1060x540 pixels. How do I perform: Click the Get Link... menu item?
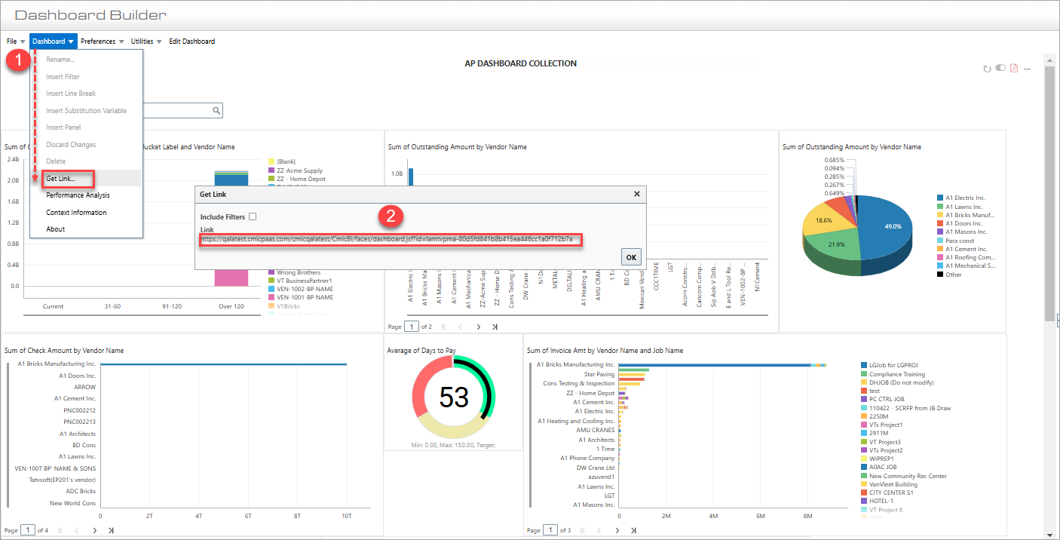tap(60, 179)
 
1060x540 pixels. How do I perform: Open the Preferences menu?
tap(98, 41)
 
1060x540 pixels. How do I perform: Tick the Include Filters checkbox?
tap(253, 216)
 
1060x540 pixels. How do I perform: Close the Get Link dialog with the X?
tap(636, 194)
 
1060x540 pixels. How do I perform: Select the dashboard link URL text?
tap(387, 239)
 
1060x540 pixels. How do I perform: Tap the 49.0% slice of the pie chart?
tap(891, 226)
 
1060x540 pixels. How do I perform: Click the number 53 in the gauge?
tap(454, 397)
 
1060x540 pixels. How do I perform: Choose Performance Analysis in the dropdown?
tap(78, 195)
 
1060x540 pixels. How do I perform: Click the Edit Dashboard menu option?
tap(191, 41)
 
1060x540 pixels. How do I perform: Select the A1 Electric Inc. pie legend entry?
tap(965, 198)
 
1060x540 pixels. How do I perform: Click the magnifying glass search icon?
tap(216, 111)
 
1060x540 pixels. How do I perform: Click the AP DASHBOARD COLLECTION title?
tap(520, 63)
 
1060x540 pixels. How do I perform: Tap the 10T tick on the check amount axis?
tap(346, 517)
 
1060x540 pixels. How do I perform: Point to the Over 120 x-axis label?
tap(231, 306)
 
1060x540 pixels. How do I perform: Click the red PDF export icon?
tap(1014, 69)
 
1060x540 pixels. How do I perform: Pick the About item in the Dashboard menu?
tap(55, 229)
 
